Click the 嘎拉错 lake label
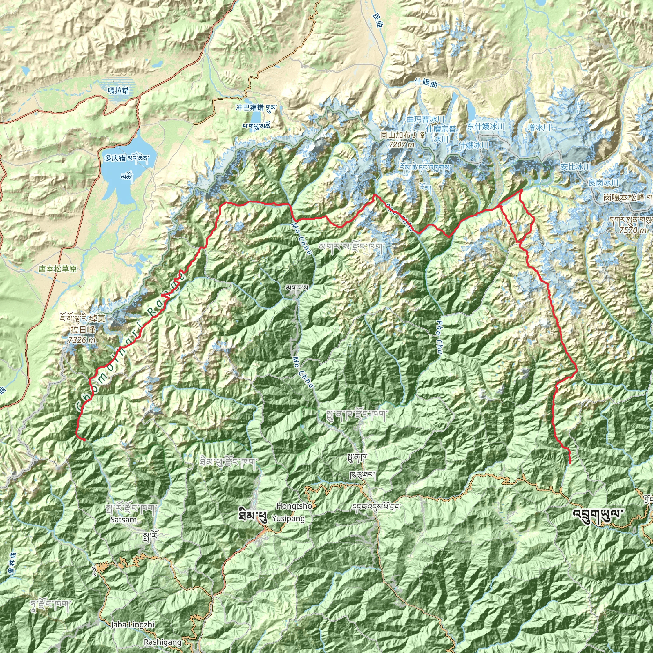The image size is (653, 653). coord(118,91)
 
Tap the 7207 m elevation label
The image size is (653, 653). coord(401,145)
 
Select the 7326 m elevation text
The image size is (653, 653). coord(81,340)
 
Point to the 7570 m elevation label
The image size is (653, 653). coord(633,230)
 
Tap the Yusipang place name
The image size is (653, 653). coord(288,518)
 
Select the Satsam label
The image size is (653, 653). coord(123,519)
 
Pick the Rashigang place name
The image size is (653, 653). coord(163,642)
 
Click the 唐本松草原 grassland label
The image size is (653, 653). coord(57,269)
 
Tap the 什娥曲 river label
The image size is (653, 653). coord(426,83)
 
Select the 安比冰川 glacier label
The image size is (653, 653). coord(576,167)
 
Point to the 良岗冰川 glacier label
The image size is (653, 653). coord(603,182)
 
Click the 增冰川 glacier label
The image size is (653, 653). coord(539,128)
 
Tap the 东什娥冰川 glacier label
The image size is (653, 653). coord(486,126)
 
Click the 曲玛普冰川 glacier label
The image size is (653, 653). coord(425,119)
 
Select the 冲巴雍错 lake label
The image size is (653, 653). coord(250,107)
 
